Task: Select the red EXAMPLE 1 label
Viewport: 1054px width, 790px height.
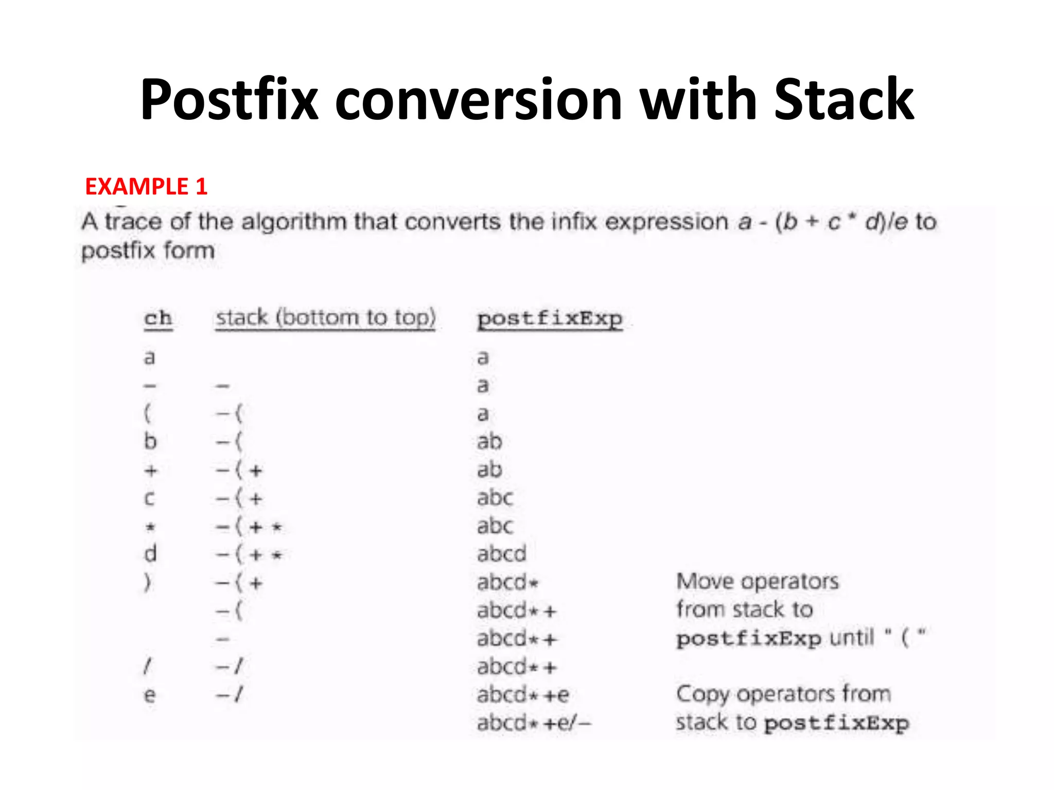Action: coord(146,186)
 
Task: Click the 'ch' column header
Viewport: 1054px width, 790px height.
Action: coord(157,318)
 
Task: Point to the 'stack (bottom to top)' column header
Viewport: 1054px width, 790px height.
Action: coord(325,318)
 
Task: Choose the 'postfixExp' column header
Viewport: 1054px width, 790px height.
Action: coord(550,319)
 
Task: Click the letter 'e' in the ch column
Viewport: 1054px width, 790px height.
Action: coord(149,695)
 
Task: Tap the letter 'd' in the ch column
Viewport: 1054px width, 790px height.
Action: coord(150,554)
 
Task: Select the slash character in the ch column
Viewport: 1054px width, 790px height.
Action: coord(148,667)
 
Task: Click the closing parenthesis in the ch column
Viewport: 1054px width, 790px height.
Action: coord(148,582)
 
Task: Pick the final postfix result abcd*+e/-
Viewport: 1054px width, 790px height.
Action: coord(534,723)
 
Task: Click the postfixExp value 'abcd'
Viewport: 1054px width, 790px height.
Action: coord(501,554)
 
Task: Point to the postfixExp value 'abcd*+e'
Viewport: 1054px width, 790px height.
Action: coord(522,695)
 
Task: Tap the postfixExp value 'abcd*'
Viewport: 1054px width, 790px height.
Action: coord(507,583)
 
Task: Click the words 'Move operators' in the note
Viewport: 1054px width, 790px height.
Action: coord(757,582)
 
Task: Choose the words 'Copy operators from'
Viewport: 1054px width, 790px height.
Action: coord(783,694)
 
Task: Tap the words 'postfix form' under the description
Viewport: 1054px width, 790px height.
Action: coord(148,251)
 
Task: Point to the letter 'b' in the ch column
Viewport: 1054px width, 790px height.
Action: coord(150,441)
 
